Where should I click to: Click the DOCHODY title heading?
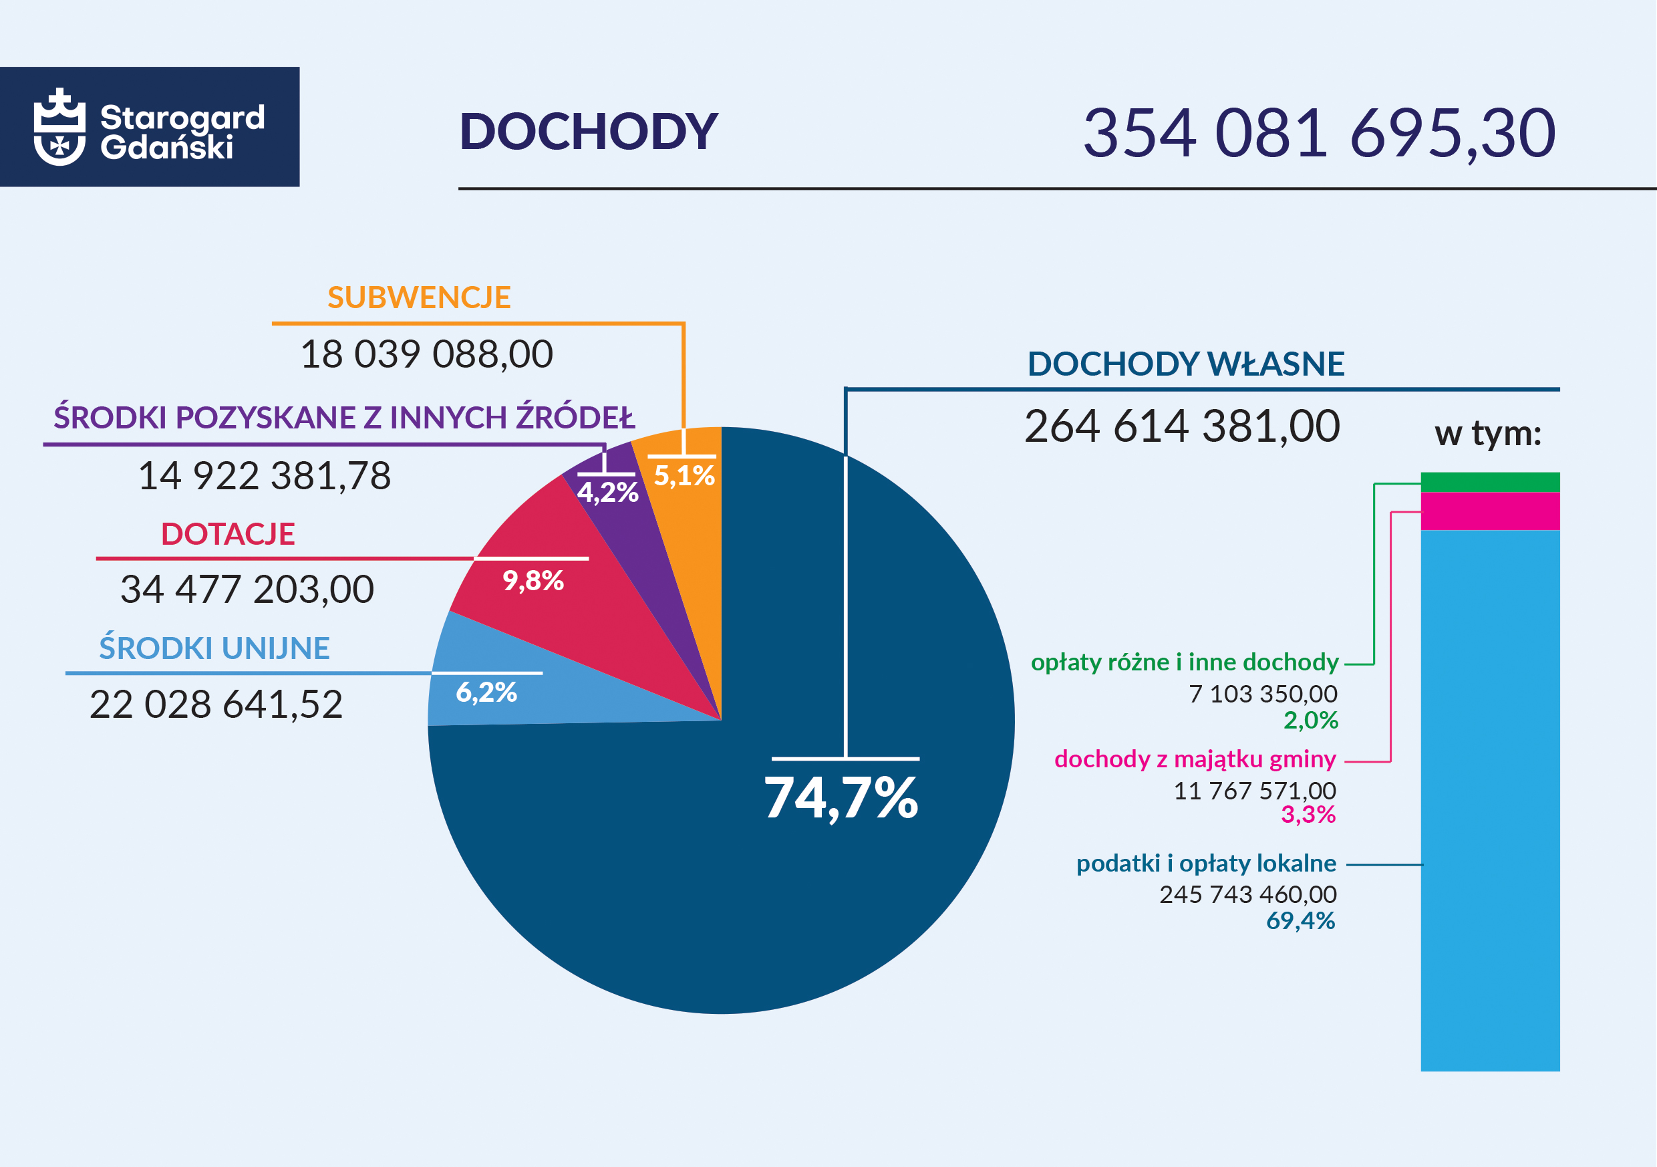click(x=588, y=132)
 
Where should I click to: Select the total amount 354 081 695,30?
click(x=1318, y=133)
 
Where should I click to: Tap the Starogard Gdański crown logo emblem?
click(x=59, y=127)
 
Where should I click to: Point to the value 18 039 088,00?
click(x=426, y=354)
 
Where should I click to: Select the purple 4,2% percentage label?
click(x=607, y=493)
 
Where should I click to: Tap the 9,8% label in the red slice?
click(x=533, y=581)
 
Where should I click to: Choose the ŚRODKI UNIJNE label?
click(x=214, y=648)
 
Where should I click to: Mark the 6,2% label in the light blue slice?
click(x=486, y=692)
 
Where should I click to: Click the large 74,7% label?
click(x=841, y=798)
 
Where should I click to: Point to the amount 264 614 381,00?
click(x=1182, y=426)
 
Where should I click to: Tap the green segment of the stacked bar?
click(x=1489, y=482)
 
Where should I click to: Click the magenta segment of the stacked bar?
click(x=1489, y=511)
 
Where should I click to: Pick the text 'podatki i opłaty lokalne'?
click(x=1206, y=863)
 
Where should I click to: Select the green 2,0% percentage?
click(x=1311, y=720)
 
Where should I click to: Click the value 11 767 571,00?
click(x=1254, y=791)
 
